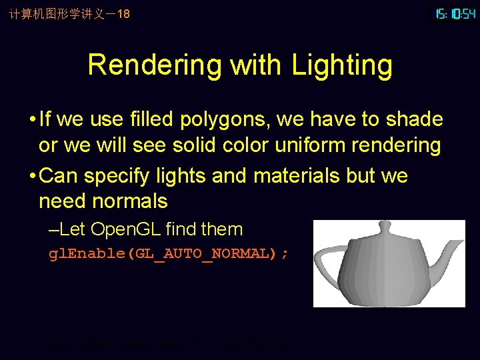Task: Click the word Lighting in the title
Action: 342,65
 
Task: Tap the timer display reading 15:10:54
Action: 455,13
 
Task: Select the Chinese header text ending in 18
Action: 69,13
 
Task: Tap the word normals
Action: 129,201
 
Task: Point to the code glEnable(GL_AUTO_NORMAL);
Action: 169,254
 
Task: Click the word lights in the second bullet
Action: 181,176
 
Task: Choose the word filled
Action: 140,120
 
